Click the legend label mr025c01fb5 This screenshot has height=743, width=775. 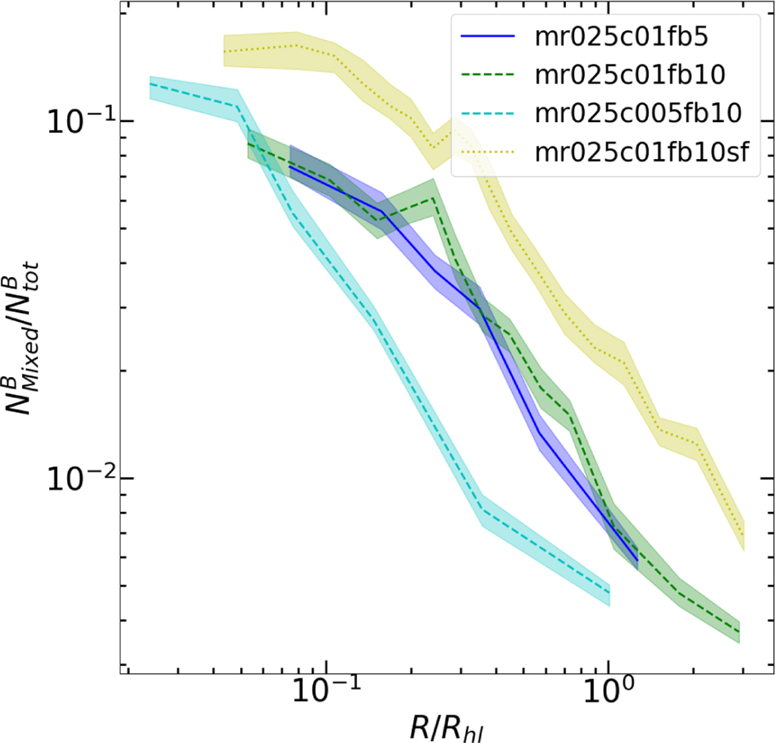point(621,37)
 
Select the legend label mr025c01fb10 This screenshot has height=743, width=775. point(630,75)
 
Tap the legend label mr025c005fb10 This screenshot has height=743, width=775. point(638,113)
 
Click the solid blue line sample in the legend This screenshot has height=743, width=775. point(488,37)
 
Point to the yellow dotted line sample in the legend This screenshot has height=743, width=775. point(488,152)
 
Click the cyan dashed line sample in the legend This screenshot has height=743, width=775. point(488,113)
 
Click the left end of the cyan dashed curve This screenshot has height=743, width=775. point(150,84)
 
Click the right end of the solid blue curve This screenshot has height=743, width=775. point(637,560)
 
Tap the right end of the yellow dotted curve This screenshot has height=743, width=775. point(744,536)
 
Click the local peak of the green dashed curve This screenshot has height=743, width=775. point(433,198)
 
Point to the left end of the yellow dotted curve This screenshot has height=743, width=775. point(224,51)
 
